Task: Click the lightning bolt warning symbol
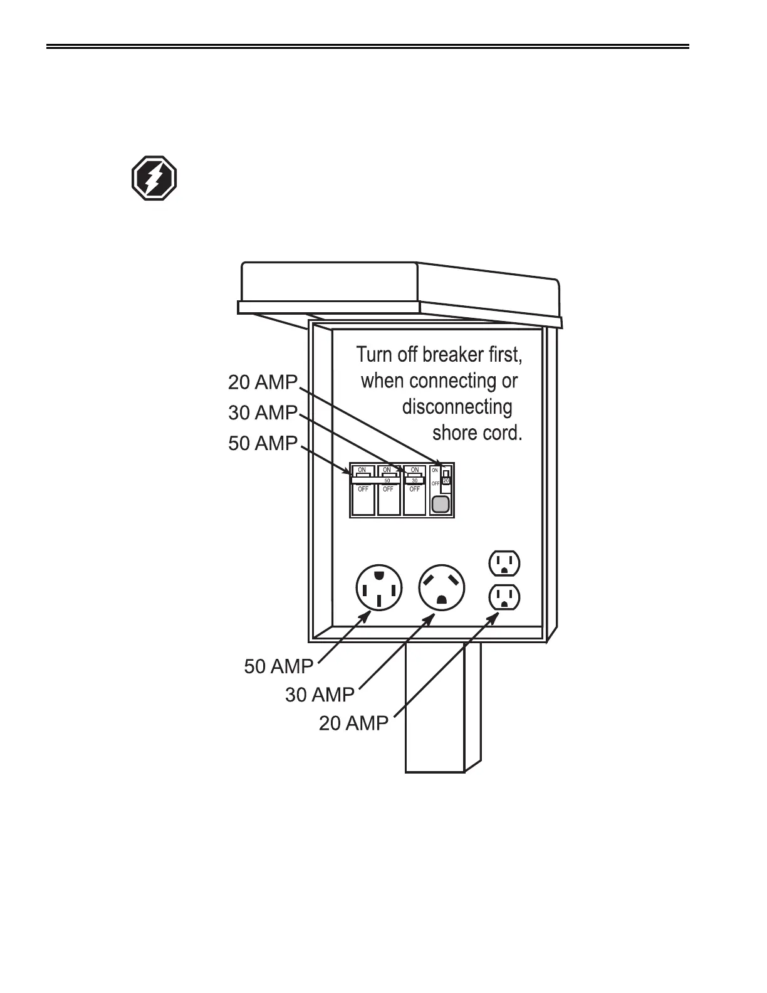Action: (154, 178)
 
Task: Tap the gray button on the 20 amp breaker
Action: (441, 503)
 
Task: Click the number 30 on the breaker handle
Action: (414, 481)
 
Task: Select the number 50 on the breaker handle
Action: (387, 481)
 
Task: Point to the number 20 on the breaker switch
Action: (446, 480)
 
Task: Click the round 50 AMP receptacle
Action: (378, 589)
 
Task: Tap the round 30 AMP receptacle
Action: (442, 588)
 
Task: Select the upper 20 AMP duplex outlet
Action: (504, 563)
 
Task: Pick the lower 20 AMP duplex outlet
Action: (504, 597)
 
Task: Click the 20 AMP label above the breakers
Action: (262, 382)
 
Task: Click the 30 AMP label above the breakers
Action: (262, 412)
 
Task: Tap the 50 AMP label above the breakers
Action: (262, 443)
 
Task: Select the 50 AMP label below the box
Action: (278, 666)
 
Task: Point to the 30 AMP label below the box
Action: (320, 695)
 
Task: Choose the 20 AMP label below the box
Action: (353, 723)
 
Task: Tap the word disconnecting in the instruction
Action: (457, 407)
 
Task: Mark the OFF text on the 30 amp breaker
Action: (414, 489)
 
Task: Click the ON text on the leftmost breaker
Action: (362, 470)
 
